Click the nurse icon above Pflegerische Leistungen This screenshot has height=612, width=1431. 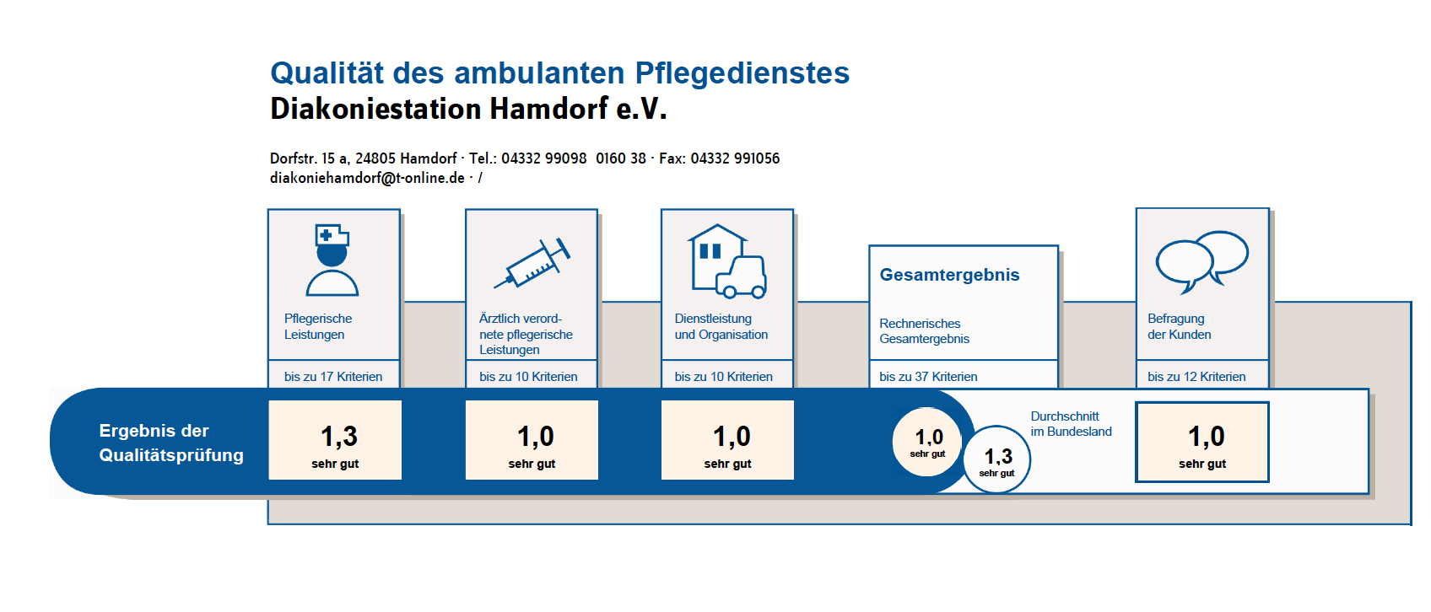tap(332, 260)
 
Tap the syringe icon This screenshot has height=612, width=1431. tap(532, 264)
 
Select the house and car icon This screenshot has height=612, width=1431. tap(727, 261)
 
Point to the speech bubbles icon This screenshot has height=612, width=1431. tap(1201, 261)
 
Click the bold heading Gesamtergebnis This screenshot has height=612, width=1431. tap(949, 275)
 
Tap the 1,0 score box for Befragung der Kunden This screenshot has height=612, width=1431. tap(1202, 442)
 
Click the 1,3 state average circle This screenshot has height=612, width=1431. tap(996, 459)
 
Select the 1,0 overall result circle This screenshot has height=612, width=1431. tap(927, 442)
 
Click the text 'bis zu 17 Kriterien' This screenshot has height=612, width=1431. tap(333, 377)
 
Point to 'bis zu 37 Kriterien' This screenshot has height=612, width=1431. tap(928, 377)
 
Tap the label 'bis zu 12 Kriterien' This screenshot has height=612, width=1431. tap(1196, 377)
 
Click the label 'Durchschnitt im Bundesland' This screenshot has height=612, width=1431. tap(1072, 424)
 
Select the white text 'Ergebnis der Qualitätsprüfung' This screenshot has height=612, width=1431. tap(171, 443)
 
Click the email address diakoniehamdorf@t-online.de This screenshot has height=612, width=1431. tap(367, 178)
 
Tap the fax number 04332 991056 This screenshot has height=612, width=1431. tap(735, 158)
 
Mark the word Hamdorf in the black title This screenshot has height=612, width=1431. tap(548, 109)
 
